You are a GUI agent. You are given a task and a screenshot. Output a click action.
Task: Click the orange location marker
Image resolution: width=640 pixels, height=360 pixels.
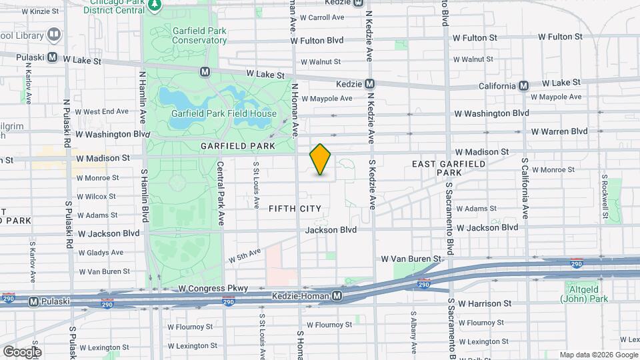click(321, 159)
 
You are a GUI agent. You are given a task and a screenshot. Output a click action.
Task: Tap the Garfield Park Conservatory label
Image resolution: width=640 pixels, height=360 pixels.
click(199, 35)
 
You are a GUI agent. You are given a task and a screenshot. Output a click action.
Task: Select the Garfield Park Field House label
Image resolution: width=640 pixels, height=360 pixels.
click(223, 113)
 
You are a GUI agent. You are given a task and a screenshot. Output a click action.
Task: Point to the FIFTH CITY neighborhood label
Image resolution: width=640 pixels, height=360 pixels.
click(295, 209)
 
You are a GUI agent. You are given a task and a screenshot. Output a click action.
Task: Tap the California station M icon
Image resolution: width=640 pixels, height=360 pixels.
click(524, 85)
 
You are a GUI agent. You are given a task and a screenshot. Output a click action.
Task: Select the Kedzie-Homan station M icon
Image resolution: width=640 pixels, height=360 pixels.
click(337, 295)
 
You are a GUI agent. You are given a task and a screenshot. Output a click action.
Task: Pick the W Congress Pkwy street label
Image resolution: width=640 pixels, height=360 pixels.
click(213, 289)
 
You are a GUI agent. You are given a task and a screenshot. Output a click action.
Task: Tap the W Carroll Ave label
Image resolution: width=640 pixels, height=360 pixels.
click(322, 17)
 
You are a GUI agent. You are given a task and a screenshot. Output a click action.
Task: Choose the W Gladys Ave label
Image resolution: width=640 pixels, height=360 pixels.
click(101, 253)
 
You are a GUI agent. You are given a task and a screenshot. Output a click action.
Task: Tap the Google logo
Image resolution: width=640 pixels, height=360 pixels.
click(22, 351)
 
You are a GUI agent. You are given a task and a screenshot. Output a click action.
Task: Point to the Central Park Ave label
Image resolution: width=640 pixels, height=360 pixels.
click(220, 191)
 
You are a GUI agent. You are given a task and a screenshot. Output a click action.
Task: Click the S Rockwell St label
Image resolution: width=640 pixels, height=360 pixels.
click(605, 197)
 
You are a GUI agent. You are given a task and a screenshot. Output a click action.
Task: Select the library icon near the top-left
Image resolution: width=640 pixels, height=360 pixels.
click(53, 35)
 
